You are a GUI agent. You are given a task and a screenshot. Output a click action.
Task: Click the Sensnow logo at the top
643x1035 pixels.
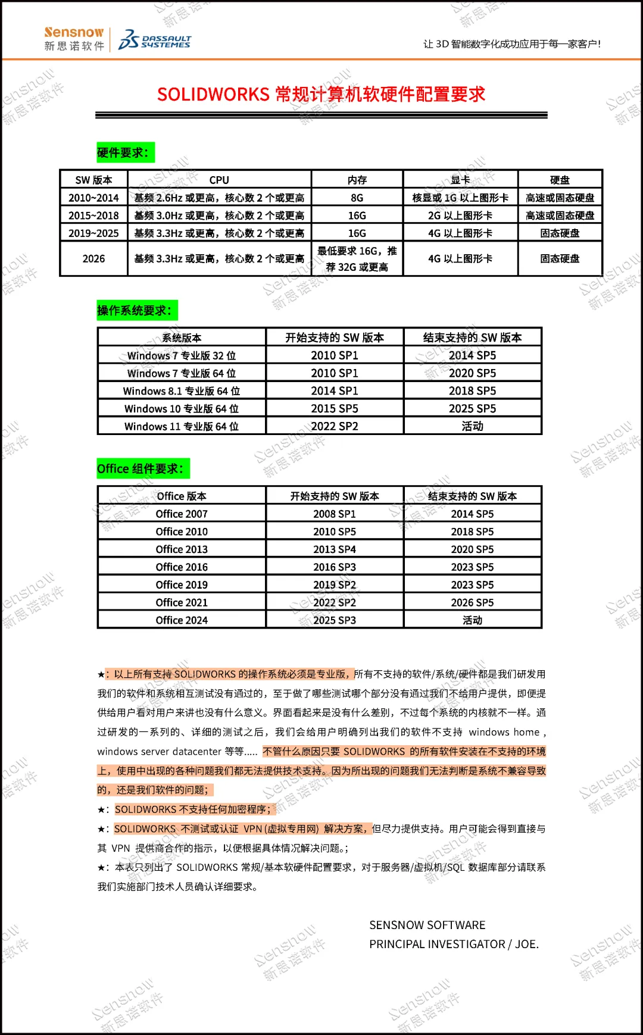point(74,39)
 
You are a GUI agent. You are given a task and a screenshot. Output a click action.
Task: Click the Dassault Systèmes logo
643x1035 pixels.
point(155,40)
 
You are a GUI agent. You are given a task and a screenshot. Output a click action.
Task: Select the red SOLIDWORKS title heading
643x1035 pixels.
point(321,94)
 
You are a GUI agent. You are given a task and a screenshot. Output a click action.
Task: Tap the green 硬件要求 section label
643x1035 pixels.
point(125,152)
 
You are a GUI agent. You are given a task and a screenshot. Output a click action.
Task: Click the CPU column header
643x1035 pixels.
point(219,180)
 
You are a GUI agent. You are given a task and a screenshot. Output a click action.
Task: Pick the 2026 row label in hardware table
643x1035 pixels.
point(93,259)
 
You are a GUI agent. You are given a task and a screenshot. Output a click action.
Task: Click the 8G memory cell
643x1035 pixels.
point(357,198)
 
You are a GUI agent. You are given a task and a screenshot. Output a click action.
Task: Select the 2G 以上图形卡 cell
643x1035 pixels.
point(460,215)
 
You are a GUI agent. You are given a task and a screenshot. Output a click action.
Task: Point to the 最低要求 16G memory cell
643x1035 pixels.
point(357,259)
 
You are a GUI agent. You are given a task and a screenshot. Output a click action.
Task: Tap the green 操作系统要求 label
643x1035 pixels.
point(136,310)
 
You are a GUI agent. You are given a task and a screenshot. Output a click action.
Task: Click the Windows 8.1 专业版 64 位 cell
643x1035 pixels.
point(182,391)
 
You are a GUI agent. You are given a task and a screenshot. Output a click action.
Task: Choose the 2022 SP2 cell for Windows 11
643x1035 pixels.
point(335,426)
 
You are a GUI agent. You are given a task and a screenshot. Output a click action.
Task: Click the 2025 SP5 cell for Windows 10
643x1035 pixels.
point(472,409)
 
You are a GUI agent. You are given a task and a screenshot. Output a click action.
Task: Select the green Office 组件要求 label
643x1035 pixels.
point(143,468)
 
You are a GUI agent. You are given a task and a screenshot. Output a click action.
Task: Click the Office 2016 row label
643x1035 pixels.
point(182,567)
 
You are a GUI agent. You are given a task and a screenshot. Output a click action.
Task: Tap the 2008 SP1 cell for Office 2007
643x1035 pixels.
point(335,514)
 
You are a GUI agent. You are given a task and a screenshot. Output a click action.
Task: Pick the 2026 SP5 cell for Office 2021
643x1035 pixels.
point(472,602)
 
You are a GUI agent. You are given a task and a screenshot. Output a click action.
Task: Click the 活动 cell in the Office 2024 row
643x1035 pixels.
point(472,620)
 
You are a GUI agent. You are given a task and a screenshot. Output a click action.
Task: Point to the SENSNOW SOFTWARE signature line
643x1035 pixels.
point(427,925)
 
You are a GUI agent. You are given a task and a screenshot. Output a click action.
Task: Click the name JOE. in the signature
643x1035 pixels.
point(526,944)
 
